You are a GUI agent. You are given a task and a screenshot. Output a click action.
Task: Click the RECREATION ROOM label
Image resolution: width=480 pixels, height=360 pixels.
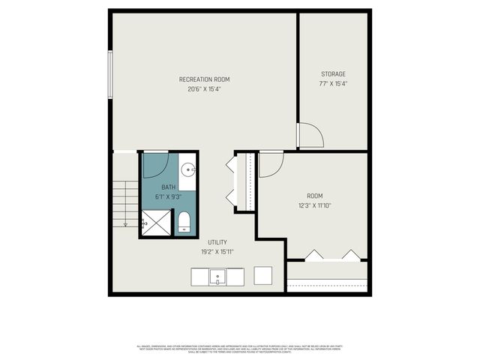[204, 79]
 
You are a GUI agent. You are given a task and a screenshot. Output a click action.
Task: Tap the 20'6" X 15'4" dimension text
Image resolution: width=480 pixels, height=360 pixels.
[204, 89]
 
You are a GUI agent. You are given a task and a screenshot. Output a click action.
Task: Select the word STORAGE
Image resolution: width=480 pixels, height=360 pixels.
[334, 73]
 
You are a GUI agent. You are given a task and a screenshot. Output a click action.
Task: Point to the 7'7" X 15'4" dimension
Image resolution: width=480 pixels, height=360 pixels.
[334, 83]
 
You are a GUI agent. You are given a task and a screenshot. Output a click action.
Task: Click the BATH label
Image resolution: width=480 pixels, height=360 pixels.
[168, 187]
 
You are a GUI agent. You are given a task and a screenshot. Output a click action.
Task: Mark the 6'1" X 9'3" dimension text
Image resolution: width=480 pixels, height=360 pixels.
[168, 196]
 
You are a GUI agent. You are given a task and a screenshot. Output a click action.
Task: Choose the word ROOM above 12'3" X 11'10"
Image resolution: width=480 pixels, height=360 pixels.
[313, 196]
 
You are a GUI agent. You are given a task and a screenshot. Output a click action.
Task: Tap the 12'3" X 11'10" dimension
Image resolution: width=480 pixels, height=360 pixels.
[313, 205]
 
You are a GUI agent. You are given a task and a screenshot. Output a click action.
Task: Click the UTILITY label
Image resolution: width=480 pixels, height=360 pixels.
[217, 242]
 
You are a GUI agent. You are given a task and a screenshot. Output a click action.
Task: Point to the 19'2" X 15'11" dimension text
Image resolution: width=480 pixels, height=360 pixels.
[217, 252]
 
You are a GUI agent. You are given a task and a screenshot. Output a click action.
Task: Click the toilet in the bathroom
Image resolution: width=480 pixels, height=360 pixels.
[184, 221]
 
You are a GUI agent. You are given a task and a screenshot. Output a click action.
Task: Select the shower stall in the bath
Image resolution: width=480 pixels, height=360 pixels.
[156, 221]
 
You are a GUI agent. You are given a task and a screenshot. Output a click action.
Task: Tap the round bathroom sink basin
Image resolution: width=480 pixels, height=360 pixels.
[188, 169]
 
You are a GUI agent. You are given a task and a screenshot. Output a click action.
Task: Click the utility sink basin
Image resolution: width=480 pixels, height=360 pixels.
[217, 277]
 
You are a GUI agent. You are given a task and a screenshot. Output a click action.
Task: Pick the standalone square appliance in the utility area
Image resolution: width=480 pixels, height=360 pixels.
[263, 275]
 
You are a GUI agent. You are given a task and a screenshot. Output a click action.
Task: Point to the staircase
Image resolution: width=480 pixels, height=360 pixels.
[124, 203]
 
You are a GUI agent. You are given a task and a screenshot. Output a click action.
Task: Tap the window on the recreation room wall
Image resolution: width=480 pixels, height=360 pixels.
[111, 73]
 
